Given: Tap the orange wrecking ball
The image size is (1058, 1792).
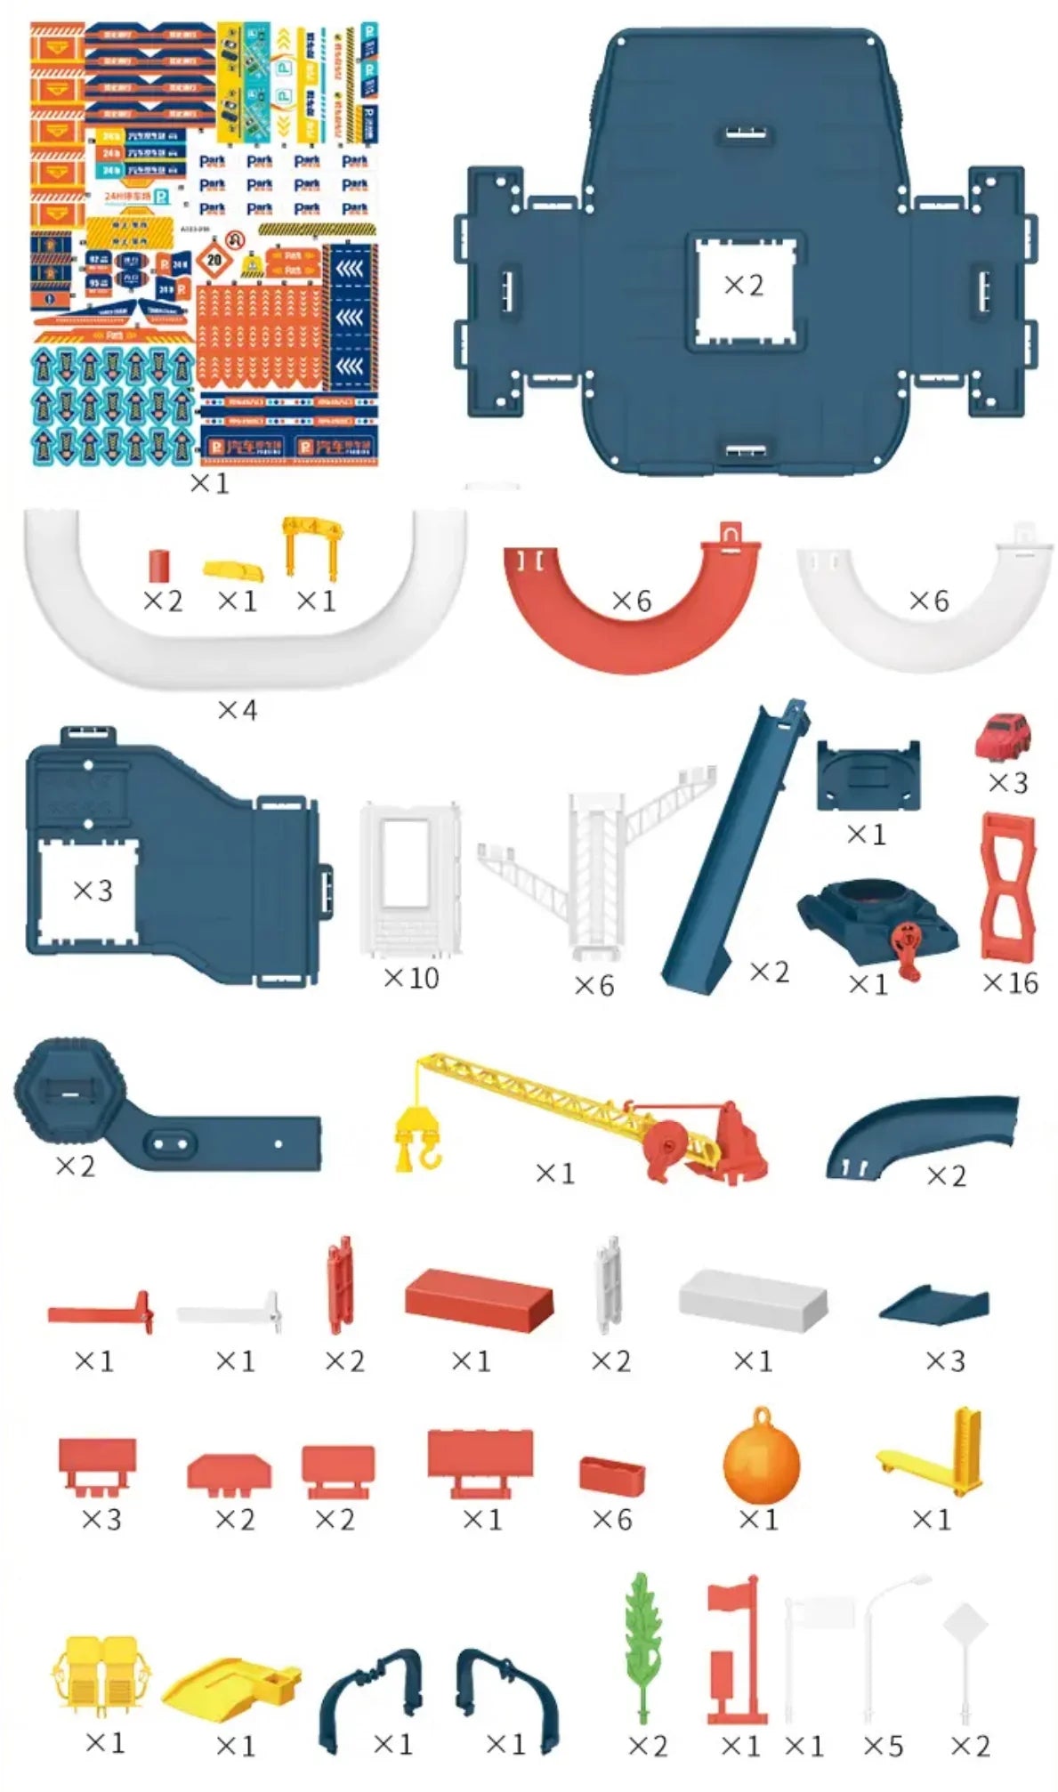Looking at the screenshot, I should [761, 1464].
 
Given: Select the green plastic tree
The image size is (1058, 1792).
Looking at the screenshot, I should [642, 1646].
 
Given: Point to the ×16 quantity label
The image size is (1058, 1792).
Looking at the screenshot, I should [1010, 982].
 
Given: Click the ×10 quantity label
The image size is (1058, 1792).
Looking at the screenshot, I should [411, 978].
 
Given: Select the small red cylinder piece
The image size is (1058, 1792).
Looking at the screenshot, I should [159, 564].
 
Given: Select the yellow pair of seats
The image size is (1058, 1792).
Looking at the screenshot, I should [101, 1673].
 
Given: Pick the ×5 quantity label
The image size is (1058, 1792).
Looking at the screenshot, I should [883, 1746].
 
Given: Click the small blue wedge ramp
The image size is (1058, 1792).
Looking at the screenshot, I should [934, 1304].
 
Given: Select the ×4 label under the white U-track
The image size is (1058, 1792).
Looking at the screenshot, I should [237, 710].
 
